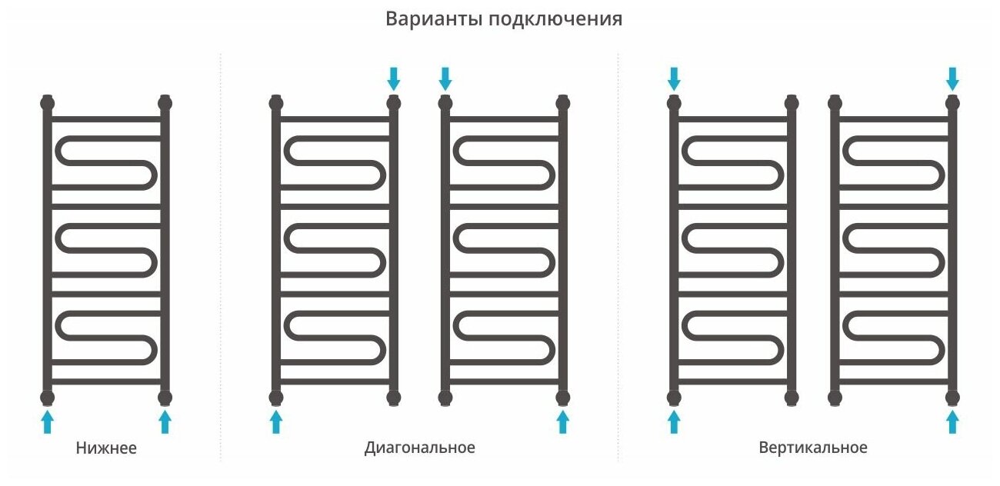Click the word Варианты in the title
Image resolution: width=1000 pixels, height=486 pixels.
click(432, 19)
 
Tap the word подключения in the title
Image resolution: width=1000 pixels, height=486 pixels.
click(554, 20)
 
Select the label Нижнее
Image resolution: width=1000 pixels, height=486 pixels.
click(106, 448)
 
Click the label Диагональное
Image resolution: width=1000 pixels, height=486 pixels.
click(419, 447)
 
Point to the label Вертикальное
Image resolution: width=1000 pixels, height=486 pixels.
click(812, 447)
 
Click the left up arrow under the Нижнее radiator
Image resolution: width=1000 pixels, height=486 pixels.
click(48, 421)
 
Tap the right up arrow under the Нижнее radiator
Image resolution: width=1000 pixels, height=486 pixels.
click(164, 421)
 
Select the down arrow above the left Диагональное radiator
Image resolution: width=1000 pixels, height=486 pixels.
click(394, 78)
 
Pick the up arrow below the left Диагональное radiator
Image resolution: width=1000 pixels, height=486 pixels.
click(276, 421)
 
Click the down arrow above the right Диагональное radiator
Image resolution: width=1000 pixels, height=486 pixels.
click(445, 78)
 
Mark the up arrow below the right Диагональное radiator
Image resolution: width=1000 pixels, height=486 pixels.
click(562, 421)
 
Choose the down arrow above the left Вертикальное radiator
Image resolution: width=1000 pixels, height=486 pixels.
click(674, 78)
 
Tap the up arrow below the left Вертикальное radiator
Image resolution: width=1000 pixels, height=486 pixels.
click(674, 421)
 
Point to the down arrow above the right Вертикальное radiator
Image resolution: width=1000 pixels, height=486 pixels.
click(952, 78)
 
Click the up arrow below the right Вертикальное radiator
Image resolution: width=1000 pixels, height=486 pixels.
click(952, 421)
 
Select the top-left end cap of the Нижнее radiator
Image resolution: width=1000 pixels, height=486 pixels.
click(48, 102)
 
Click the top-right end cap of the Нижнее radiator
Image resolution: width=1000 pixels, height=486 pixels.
click(164, 102)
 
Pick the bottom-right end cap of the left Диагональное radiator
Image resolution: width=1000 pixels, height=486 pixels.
click(394, 397)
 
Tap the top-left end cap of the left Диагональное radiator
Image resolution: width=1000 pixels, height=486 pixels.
click(276, 102)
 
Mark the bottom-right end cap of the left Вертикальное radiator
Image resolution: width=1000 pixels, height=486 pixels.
click(791, 397)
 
